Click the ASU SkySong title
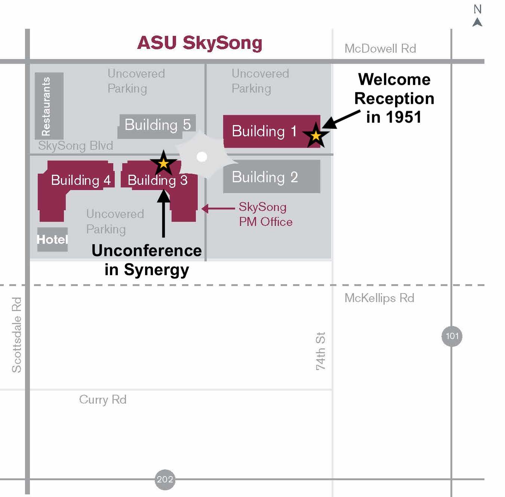(x=200, y=43)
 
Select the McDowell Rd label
(x=380, y=49)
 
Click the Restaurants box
(x=49, y=106)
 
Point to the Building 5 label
(x=157, y=125)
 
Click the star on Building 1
(x=316, y=136)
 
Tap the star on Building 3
(x=163, y=163)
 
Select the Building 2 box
(x=271, y=177)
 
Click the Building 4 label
(x=80, y=180)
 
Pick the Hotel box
(x=52, y=239)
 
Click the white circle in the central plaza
(x=202, y=157)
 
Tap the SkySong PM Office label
(x=265, y=214)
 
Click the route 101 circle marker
(x=452, y=336)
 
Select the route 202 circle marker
(x=165, y=479)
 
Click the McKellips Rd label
(x=379, y=298)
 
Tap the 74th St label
(x=320, y=351)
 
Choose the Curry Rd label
(x=103, y=400)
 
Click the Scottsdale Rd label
(x=16, y=335)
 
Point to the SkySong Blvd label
(x=76, y=146)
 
